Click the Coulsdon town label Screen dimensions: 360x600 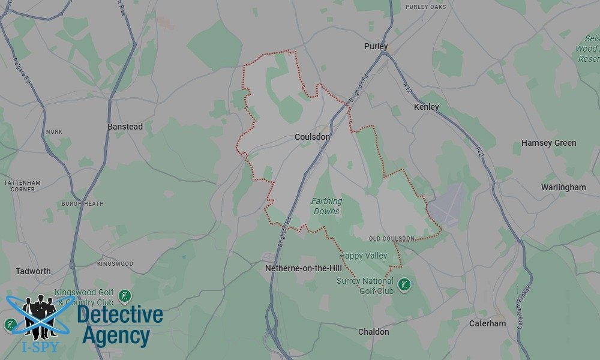click(x=312, y=137)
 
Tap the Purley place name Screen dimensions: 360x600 click(x=376, y=46)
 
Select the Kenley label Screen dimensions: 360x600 click(x=427, y=107)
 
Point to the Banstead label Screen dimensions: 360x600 click(x=125, y=127)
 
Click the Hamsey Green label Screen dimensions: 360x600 click(x=548, y=143)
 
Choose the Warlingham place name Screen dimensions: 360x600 click(x=563, y=187)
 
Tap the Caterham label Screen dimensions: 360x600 click(x=487, y=323)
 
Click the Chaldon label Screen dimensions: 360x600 click(x=373, y=332)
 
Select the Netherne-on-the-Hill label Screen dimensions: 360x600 click(x=304, y=268)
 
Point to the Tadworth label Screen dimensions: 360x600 click(x=34, y=271)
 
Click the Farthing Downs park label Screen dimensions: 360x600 click(x=326, y=206)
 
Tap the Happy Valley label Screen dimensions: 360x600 click(x=363, y=256)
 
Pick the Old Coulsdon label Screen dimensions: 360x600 click(x=392, y=239)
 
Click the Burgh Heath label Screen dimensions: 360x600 click(x=82, y=204)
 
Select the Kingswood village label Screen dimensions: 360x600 click(x=115, y=264)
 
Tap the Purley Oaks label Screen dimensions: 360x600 click(x=426, y=7)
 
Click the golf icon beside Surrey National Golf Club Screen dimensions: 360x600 click(x=404, y=284)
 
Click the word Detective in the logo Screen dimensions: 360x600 click(x=120, y=315)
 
